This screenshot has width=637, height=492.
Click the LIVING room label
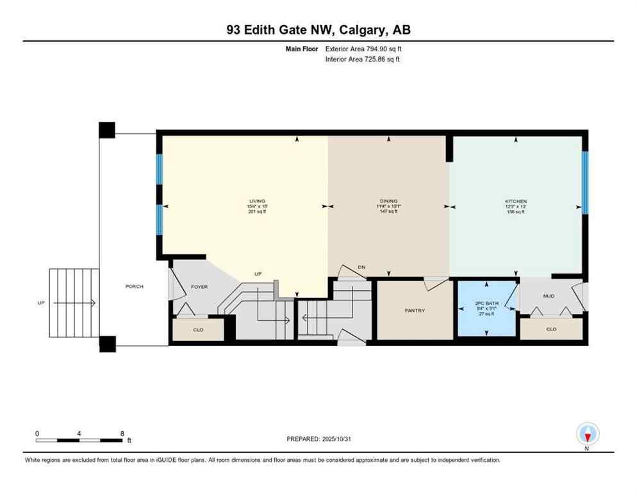click(x=256, y=201)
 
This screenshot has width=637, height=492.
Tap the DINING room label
click(x=388, y=201)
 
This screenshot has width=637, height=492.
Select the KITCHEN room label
click(x=515, y=201)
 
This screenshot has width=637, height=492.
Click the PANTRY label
click(x=415, y=311)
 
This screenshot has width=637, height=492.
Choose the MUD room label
click(x=548, y=296)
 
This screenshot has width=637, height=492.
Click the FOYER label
click(x=199, y=286)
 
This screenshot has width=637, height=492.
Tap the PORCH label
click(x=134, y=286)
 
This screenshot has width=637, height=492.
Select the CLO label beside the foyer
click(x=198, y=331)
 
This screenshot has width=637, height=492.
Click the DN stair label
click(x=361, y=267)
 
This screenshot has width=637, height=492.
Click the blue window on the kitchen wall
click(x=584, y=182)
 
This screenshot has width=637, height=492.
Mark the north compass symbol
click(x=587, y=435)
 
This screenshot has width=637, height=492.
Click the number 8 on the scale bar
click(x=121, y=434)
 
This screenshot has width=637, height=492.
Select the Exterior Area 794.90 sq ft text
click(x=363, y=49)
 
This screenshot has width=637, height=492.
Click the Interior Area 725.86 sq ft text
click(x=363, y=60)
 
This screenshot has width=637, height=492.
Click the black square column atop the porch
click(x=107, y=129)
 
